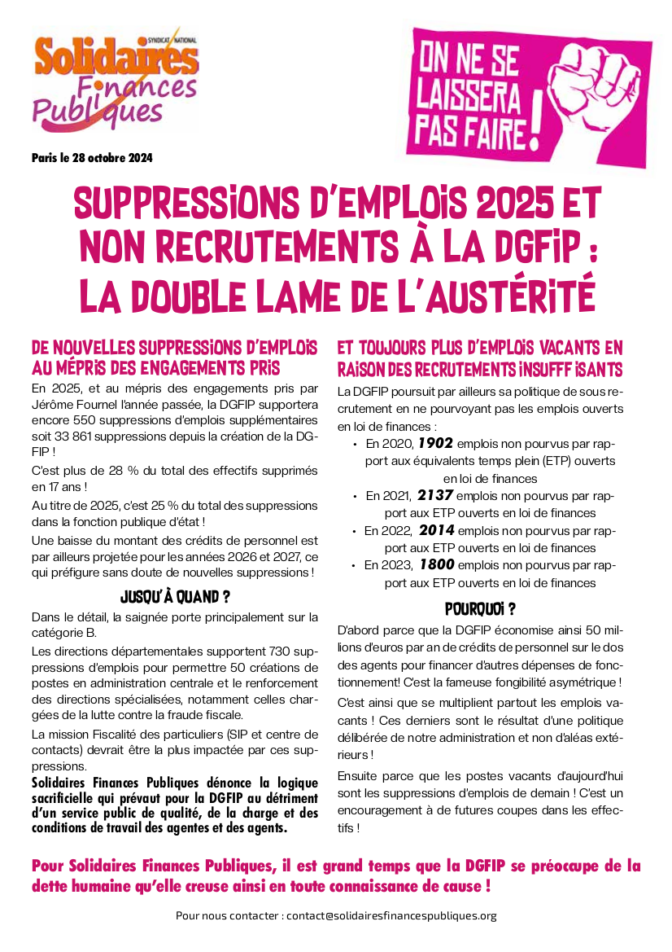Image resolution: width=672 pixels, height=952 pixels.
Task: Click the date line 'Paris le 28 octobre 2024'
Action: pos(92,157)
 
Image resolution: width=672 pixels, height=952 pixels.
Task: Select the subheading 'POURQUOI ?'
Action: pos(481,608)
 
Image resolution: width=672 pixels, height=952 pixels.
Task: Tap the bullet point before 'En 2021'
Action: pos(355,496)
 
